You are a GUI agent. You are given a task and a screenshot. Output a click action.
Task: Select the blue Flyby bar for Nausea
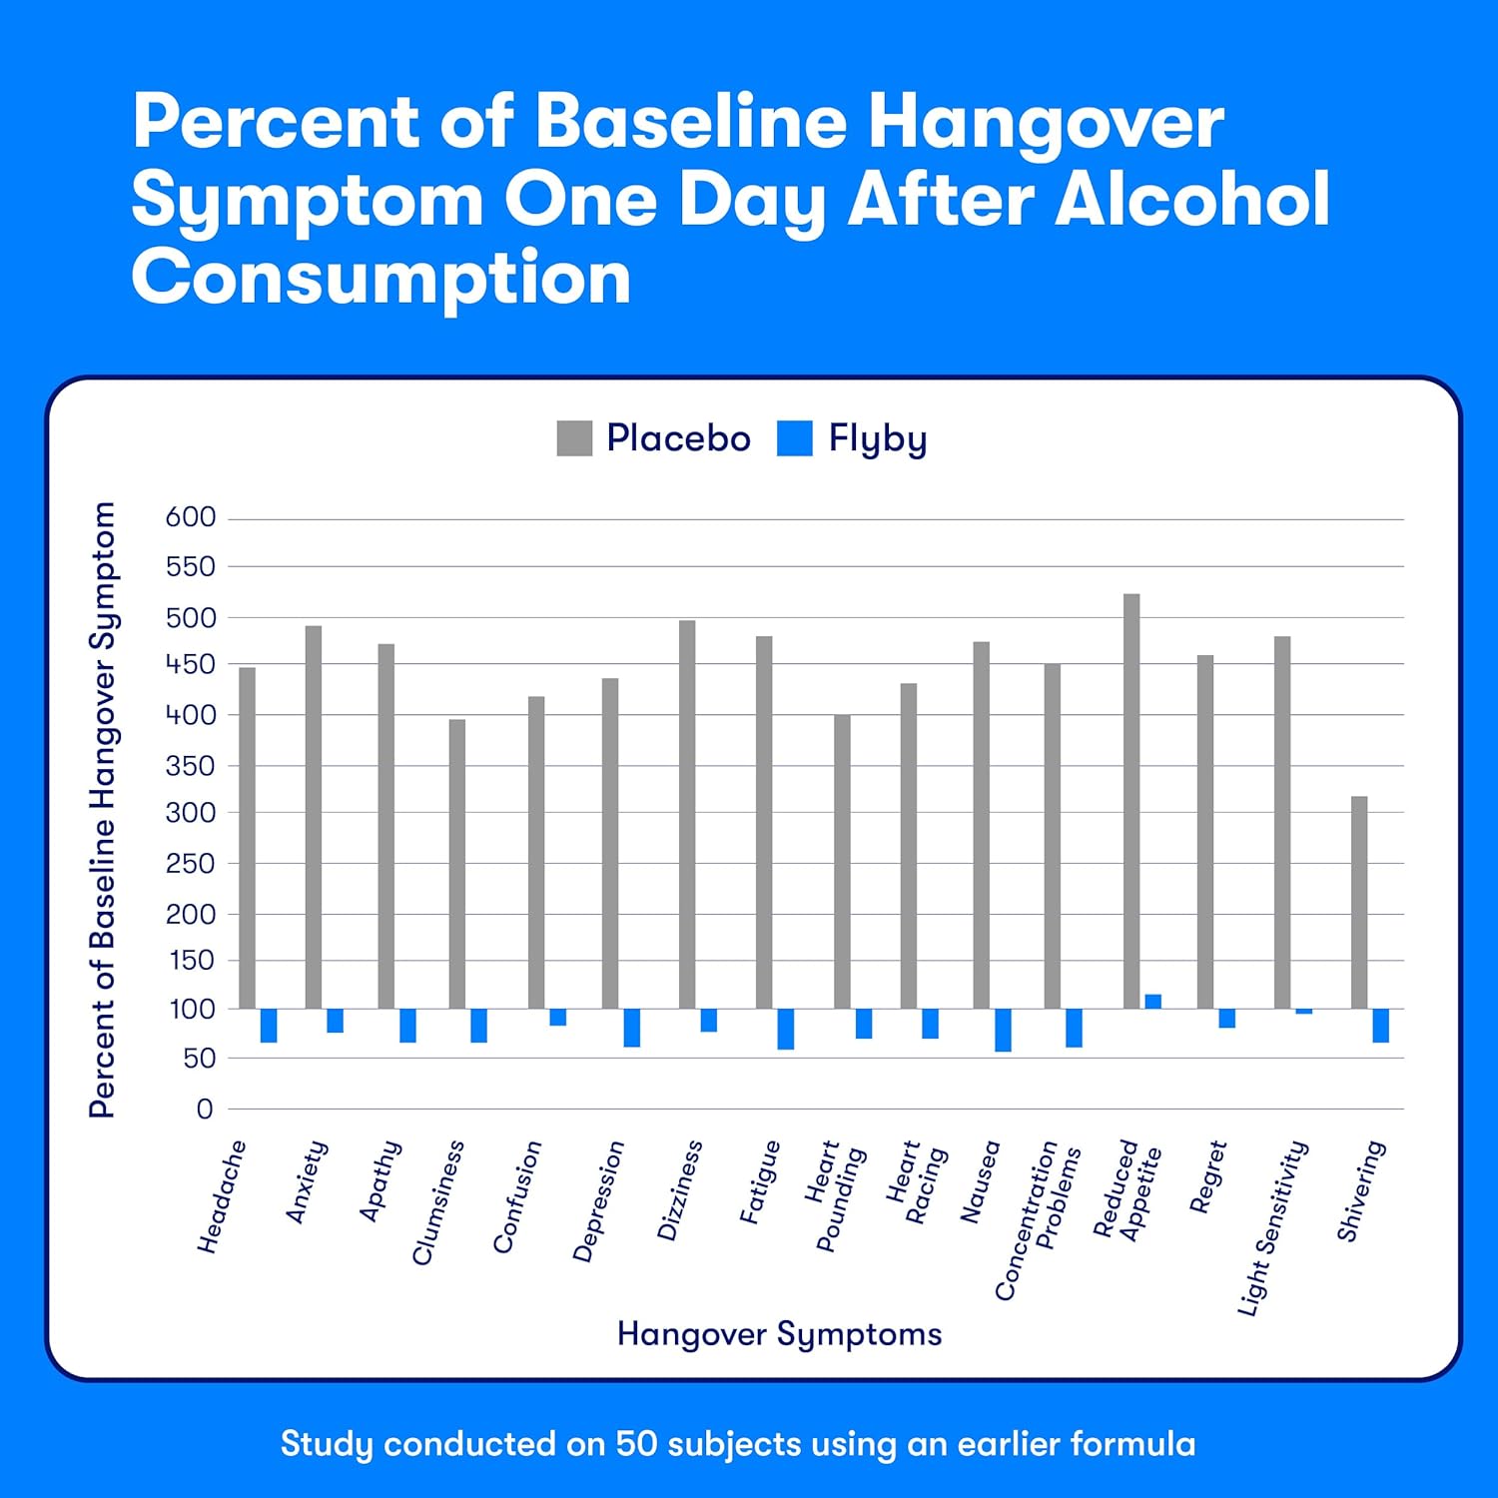pos(1003,1030)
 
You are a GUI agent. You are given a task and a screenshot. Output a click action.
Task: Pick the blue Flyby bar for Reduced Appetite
pos(1152,1002)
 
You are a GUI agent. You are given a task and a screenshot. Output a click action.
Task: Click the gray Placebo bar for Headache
pos(247,838)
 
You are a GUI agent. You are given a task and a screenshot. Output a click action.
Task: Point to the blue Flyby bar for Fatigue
pos(786,1029)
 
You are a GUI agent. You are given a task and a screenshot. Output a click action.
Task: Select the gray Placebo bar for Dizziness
pos(687,814)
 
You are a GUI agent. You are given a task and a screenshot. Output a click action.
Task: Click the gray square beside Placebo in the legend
pos(574,438)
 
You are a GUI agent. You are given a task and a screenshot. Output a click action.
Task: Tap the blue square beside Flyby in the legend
pos(795,438)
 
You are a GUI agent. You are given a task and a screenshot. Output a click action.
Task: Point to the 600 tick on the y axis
pos(191,517)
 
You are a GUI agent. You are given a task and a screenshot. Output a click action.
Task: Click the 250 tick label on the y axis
pos(191,863)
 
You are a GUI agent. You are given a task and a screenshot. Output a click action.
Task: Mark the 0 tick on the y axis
pos(205,1109)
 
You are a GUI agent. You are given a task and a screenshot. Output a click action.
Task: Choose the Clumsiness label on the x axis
pos(438,1202)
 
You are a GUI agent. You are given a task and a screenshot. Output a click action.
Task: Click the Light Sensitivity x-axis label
pos(1273,1227)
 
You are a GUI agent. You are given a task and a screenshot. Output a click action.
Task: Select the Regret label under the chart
pos(1207,1177)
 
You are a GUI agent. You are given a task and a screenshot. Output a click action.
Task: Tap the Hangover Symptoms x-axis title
pos(779,1334)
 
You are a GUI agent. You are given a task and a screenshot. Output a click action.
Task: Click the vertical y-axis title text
pos(103,809)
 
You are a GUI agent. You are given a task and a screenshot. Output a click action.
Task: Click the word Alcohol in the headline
pos(1192,199)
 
